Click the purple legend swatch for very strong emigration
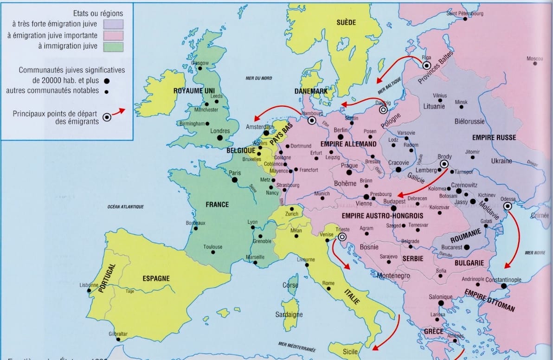pyautogui.click(x=114, y=24)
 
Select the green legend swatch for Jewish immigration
pyautogui.click(x=114, y=46)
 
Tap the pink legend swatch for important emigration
pyautogui.click(x=114, y=35)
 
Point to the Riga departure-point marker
pyautogui.click(x=426, y=65)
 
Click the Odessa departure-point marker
pyautogui.click(x=508, y=206)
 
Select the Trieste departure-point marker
pyautogui.click(x=342, y=237)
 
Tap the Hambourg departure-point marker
pyautogui.click(x=312, y=121)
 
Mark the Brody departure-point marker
pyautogui.click(x=444, y=164)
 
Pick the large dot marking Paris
pyautogui.click(x=235, y=180)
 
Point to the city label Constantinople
pyautogui.click(x=503, y=280)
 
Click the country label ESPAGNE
pyautogui.click(x=156, y=279)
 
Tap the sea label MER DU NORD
pyautogui.click(x=258, y=79)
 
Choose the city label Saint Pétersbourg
pyautogui.click(x=464, y=13)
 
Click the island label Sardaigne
pyautogui.click(x=289, y=315)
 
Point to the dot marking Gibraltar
pyautogui.click(x=118, y=340)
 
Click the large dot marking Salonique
pyautogui.click(x=441, y=303)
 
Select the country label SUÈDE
pyautogui.click(x=346, y=22)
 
